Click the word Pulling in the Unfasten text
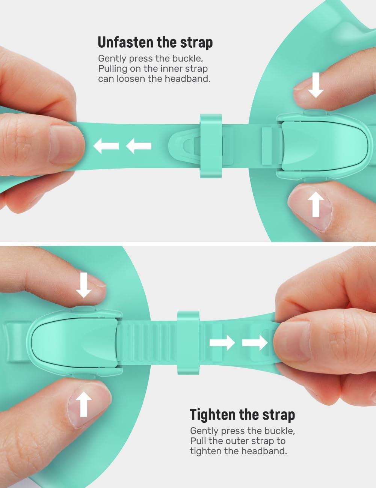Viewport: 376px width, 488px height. pos(113,69)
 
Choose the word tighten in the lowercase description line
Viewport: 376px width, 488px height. pos(206,451)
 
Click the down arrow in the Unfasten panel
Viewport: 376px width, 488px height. pos(316,85)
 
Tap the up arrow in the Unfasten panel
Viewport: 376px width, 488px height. pos(316,204)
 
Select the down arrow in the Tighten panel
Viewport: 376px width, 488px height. pos(83,285)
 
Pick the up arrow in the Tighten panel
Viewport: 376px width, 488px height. pos(83,404)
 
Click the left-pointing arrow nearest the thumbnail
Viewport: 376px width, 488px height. pos(106,146)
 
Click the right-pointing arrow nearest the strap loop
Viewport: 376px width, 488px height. pos(222,343)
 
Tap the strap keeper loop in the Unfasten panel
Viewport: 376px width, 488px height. pos(211,146)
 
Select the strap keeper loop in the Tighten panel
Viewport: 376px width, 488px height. pos(188,343)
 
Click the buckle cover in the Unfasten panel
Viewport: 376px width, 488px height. pos(326,146)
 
